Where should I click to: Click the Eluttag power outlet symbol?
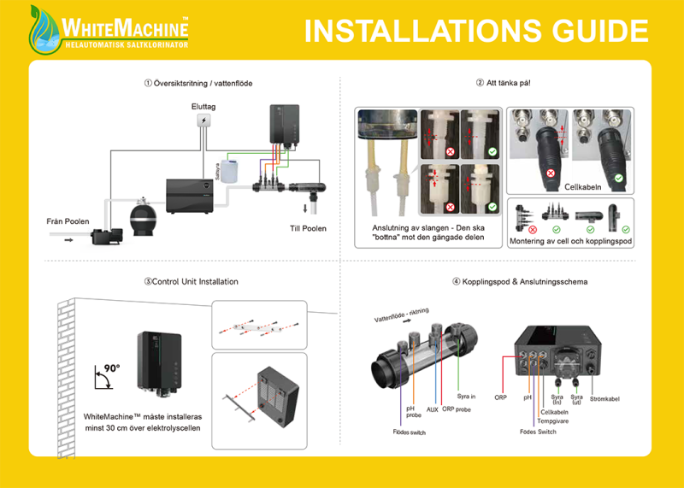[x=203, y=121]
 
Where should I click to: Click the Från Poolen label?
[x=67, y=221]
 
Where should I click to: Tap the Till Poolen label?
[x=306, y=228]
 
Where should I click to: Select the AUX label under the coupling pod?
[x=433, y=409]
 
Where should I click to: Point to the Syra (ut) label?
[x=578, y=399]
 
